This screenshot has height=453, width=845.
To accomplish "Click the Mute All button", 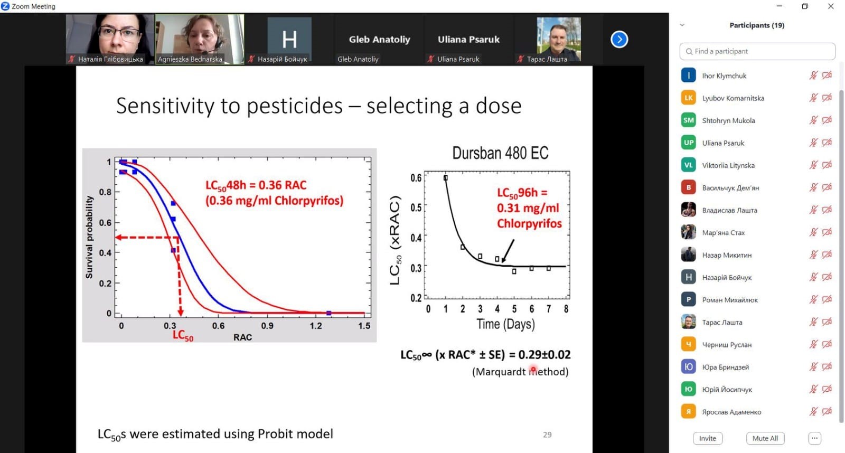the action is pyautogui.click(x=765, y=438).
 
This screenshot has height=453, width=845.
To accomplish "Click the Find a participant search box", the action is pyautogui.click(x=757, y=51).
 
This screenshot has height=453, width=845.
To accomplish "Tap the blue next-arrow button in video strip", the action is pyautogui.click(x=619, y=39).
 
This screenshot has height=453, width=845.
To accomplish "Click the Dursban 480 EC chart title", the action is pyautogui.click(x=500, y=153).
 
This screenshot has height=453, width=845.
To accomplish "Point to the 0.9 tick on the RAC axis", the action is pyautogui.click(x=267, y=326).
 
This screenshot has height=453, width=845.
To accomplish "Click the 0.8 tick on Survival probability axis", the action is pyautogui.click(x=105, y=192).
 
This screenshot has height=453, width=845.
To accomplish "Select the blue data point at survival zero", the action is pyautogui.click(x=328, y=313).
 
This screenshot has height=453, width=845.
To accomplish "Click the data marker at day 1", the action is pyautogui.click(x=446, y=177).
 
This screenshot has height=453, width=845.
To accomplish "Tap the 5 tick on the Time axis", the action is pyautogui.click(x=514, y=309).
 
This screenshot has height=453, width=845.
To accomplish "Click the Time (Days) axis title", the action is pyautogui.click(x=505, y=324).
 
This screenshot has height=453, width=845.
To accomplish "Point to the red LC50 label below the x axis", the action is pyautogui.click(x=183, y=335).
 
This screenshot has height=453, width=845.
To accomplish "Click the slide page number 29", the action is pyautogui.click(x=547, y=435).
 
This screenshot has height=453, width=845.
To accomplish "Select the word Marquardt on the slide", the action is pyautogui.click(x=499, y=372).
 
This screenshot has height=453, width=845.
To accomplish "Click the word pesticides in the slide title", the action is pyautogui.click(x=295, y=106).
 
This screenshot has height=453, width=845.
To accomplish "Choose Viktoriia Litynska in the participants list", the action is pyautogui.click(x=728, y=165).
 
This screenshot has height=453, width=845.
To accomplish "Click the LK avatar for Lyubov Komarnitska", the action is pyautogui.click(x=688, y=98).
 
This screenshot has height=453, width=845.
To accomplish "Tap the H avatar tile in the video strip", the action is pyautogui.click(x=289, y=39).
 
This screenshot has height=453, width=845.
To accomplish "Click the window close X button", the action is pyautogui.click(x=831, y=6).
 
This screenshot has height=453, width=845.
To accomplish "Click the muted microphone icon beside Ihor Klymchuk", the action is pyautogui.click(x=813, y=76).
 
